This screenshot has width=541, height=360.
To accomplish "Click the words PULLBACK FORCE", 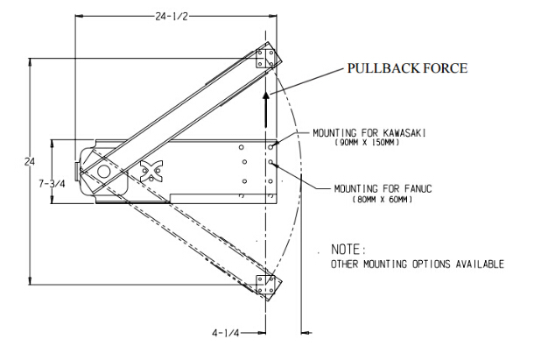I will [x=407, y=67].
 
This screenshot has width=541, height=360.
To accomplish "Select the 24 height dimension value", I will [x=29, y=162].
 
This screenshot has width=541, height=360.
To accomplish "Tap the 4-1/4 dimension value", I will [x=226, y=333].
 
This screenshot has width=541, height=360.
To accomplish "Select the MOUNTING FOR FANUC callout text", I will [x=384, y=188].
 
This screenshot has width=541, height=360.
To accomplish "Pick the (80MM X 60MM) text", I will [x=383, y=201].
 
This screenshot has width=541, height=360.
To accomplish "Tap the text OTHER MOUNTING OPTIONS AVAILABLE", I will [x=417, y=264].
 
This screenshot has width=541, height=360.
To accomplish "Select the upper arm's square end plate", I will [x=266, y=59].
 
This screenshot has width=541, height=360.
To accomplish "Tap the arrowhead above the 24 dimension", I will [x=32, y=64].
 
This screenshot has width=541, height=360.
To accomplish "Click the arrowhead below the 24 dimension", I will [x=32, y=281].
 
